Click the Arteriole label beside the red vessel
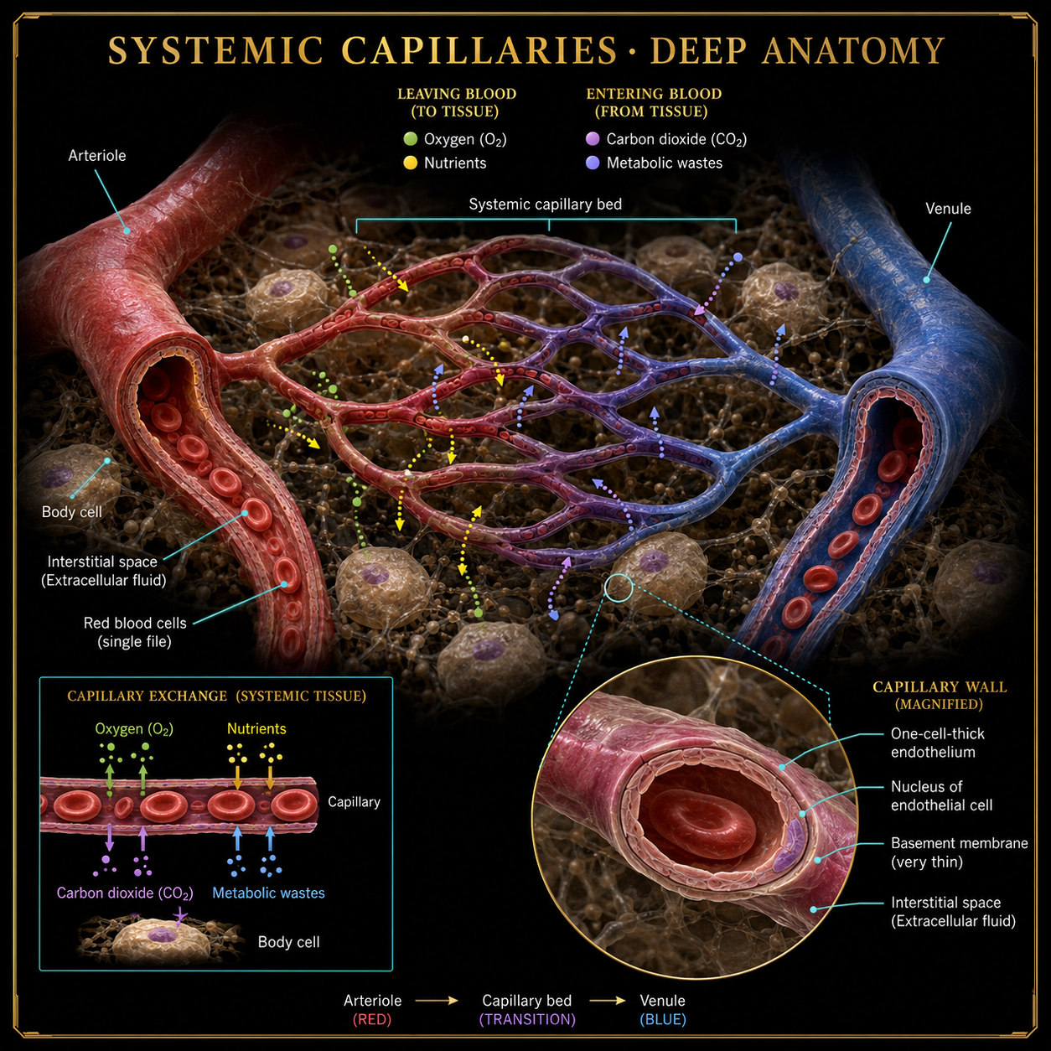pyautogui.click(x=97, y=156)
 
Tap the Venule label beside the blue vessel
pyautogui.click(x=948, y=209)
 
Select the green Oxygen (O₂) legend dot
pyautogui.click(x=410, y=139)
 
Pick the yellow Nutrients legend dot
pyautogui.click(x=410, y=163)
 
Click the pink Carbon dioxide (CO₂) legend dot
pyautogui.click(x=593, y=139)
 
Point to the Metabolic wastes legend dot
pyautogui.click(x=593, y=163)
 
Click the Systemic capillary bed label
pyautogui.click(x=546, y=205)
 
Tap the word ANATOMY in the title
pyautogui.click(x=853, y=51)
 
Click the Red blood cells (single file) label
pyautogui.click(x=135, y=632)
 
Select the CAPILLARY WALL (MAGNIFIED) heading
pyautogui.click(x=940, y=696)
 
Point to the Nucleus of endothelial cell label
pyautogui.click(x=941, y=795)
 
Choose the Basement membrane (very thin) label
pyautogui.click(x=959, y=852)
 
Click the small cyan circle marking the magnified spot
pyautogui.click(x=619, y=588)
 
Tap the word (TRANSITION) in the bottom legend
pyautogui.click(x=527, y=1019)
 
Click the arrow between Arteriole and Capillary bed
pyautogui.click(x=437, y=1001)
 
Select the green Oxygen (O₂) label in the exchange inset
pyautogui.click(x=134, y=729)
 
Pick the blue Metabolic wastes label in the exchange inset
pyautogui.click(x=268, y=893)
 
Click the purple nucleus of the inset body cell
pyautogui.click(x=162, y=935)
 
